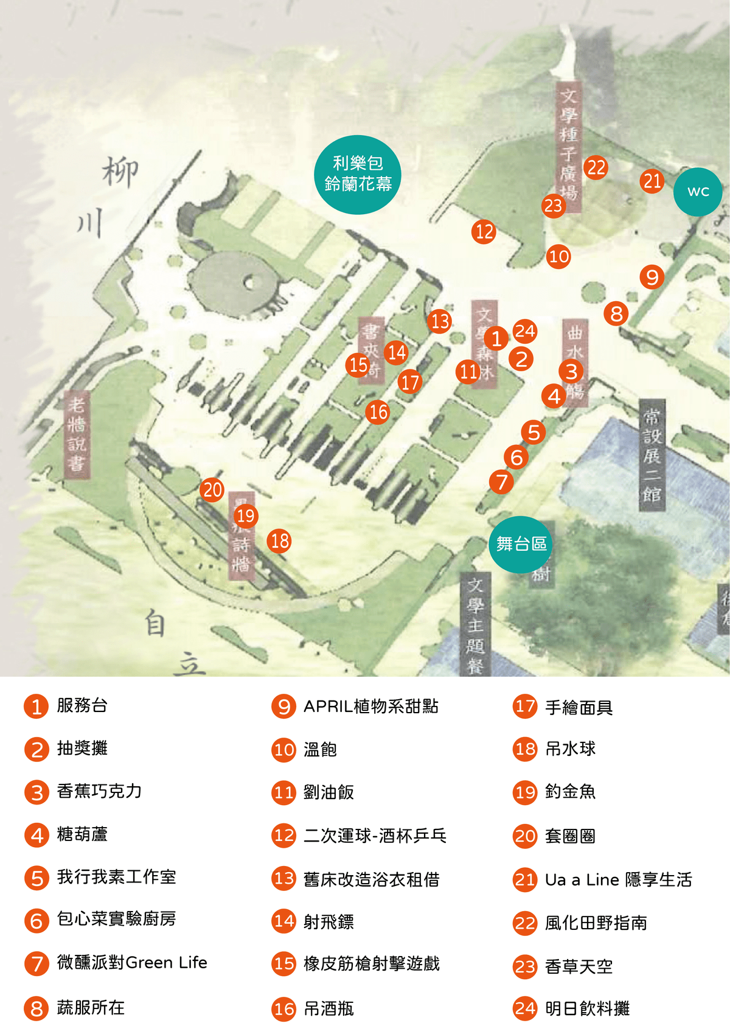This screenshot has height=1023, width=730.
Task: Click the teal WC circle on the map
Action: (698, 192)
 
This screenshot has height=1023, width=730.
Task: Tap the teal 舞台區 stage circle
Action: (521, 544)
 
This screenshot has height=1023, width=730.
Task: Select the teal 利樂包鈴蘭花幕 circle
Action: (358, 174)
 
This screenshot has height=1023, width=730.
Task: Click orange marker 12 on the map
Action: (484, 232)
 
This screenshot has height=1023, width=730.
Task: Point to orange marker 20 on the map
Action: (212, 489)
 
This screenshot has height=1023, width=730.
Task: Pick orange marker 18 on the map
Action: (279, 540)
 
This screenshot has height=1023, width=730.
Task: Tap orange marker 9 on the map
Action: (652, 278)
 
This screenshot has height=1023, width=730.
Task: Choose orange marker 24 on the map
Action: (524, 331)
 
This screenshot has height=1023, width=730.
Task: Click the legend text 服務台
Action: (82, 705)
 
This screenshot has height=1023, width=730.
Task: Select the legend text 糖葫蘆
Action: (82, 834)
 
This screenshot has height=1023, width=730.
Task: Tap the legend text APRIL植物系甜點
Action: (370, 707)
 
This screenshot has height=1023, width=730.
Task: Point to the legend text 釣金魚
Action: (570, 791)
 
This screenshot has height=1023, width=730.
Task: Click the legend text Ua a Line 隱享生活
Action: (618, 879)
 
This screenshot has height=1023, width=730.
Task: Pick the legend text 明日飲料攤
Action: (587, 1008)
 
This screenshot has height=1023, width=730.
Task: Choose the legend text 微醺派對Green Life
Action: (132, 962)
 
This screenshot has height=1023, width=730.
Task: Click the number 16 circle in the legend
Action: (283, 1008)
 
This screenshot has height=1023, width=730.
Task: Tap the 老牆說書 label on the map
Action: (77, 434)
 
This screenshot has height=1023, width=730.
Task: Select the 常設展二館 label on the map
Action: (652, 455)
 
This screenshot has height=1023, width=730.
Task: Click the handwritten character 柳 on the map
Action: (120, 172)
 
